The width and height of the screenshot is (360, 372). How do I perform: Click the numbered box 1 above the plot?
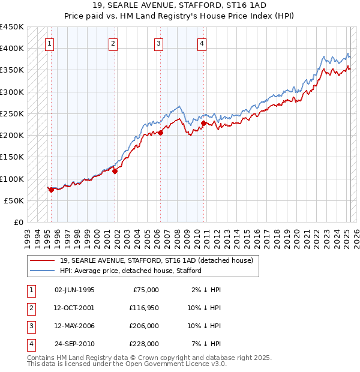point(49,43)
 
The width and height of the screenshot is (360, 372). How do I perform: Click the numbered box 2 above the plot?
point(113,43)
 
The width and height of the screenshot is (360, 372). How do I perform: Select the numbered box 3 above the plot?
point(158,43)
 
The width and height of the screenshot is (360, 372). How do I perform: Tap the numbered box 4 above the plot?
point(202,43)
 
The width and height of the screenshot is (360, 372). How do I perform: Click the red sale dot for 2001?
point(115,171)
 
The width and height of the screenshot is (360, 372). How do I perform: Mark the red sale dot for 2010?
point(203,123)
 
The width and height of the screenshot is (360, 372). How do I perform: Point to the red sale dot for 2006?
point(160,133)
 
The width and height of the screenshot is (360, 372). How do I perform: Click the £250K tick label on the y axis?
point(12,113)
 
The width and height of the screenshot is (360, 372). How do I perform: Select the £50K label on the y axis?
point(14,200)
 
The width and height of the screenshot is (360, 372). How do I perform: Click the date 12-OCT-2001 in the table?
point(74,308)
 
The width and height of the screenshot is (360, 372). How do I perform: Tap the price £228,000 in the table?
point(144,344)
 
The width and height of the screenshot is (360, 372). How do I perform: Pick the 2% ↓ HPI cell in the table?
point(206,290)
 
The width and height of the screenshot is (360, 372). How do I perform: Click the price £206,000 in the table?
point(144,326)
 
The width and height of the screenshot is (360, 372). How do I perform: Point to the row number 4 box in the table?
point(30,344)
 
